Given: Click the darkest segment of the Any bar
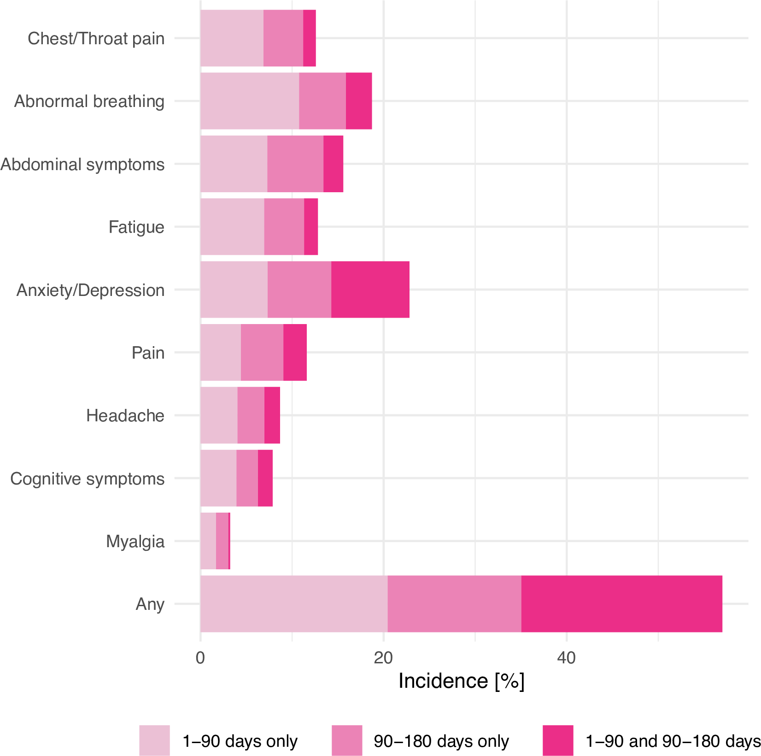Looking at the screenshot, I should pos(621,603).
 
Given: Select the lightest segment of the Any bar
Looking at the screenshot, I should pos(294,603).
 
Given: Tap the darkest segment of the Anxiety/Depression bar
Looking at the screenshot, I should pos(370,289).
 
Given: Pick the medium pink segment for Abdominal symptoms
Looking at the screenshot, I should pos(295,164).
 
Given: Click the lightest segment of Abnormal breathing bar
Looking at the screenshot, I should pos(250,101).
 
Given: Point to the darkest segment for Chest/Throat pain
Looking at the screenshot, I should pos(309,38).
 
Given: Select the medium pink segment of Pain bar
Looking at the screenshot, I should pos(262,353).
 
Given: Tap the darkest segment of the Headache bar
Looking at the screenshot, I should pos(272,415).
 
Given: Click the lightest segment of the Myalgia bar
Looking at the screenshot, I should pos(208,541).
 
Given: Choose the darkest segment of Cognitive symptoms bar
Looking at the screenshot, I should pos(265,478).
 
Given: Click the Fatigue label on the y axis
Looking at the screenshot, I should pos(136,227).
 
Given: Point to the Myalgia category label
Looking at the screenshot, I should pos(135,541).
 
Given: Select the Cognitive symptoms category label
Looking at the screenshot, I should pos(87,478).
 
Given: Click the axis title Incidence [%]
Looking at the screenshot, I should pos(461,681).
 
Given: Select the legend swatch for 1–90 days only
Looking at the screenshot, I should pos(154,740).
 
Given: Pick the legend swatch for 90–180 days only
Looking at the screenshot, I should pos(346,740).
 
